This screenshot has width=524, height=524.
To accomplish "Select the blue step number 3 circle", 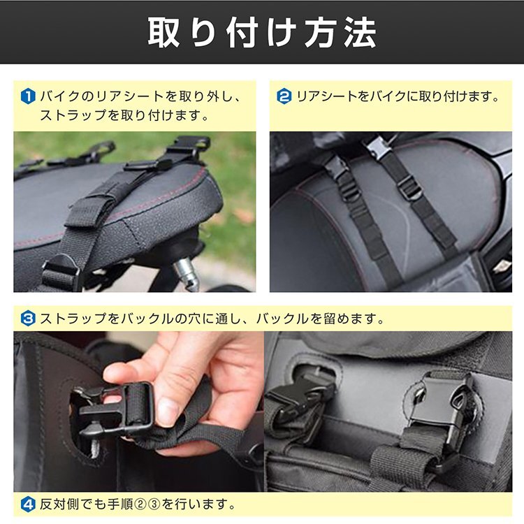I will pyautogui.click(x=27, y=319).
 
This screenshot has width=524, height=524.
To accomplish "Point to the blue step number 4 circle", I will pyautogui.click(x=27, y=503).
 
